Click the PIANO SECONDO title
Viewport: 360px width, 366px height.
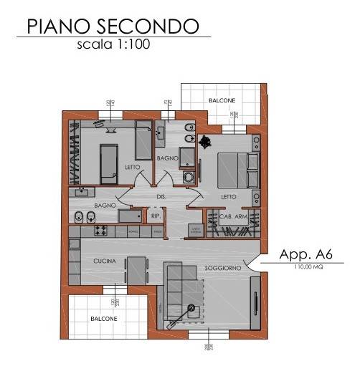click(x=113, y=26)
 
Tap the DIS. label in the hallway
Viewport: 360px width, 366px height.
click(x=162, y=196)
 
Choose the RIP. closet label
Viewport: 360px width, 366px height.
click(x=155, y=214)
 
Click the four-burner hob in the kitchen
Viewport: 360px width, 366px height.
click(x=100, y=231)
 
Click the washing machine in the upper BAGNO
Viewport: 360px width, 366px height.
click(x=189, y=178)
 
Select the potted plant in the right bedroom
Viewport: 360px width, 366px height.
click(x=207, y=140)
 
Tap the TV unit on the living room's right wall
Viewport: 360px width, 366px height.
click(x=254, y=304)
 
